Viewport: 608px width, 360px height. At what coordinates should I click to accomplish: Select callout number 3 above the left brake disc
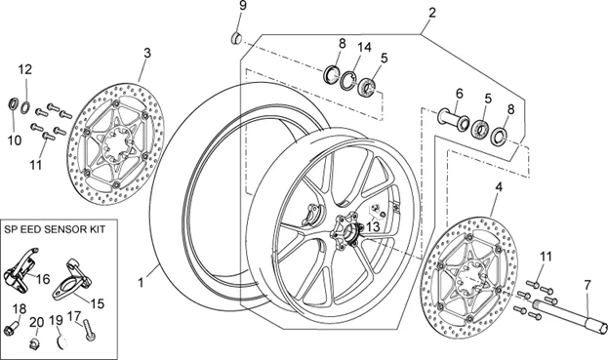tap(146, 52)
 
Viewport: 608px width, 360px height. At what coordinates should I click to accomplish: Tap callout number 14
tap(364, 47)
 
